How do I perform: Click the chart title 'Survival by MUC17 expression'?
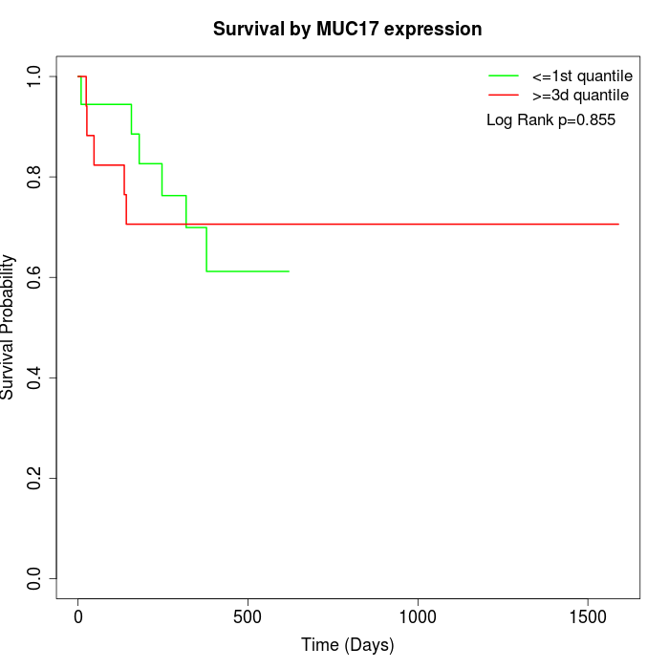click(x=347, y=30)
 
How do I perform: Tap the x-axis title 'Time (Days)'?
click(x=347, y=645)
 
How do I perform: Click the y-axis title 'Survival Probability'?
click(x=9, y=327)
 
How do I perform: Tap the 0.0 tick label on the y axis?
click(x=34, y=578)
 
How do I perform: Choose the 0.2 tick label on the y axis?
click(x=34, y=478)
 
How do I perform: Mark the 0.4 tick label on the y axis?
click(x=34, y=378)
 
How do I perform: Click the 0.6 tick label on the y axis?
click(x=34, y=277)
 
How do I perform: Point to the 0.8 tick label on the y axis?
click(x=34, y=177)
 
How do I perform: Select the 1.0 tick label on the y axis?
click(x=34, y=76)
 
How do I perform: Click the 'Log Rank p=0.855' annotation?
click(x=550, y=120)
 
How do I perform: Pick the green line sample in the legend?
click(x=503, y=75)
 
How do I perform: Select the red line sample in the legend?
click(x=503, y=95)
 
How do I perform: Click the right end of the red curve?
click(x=618, y=224)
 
